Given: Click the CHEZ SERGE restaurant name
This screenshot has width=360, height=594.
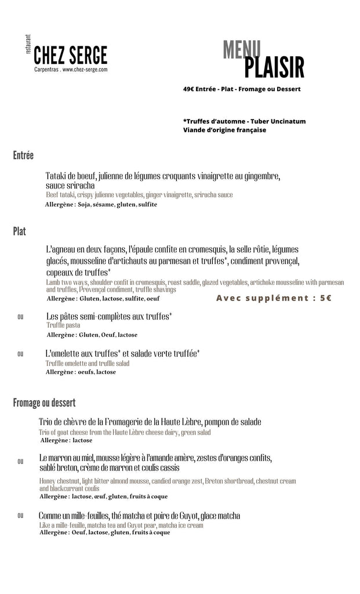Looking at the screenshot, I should point(70,55).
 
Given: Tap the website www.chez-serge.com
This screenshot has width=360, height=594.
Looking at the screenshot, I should point(85,70).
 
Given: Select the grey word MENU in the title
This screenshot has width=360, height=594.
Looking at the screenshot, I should point(242,50).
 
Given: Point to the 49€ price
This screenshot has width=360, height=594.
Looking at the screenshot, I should point(188,89).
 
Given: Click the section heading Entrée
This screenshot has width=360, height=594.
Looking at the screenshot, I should point(23,155).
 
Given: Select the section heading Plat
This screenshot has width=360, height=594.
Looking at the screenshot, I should point(19,232).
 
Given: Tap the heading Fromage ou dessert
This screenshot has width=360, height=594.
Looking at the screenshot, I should point(44,403).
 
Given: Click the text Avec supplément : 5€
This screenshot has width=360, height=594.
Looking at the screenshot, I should point(274,298).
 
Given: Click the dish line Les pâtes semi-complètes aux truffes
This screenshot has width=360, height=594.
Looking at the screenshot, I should point(109,316).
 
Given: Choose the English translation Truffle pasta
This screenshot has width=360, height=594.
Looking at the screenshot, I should point(63,325).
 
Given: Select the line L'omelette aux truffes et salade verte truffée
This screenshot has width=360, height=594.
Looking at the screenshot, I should point(123,353).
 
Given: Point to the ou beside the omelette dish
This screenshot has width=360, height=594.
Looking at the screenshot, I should point(20,353).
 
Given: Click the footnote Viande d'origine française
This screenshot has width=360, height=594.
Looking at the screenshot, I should point(224,130).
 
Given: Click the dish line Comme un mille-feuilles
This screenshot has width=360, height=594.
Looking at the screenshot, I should point(139,516).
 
